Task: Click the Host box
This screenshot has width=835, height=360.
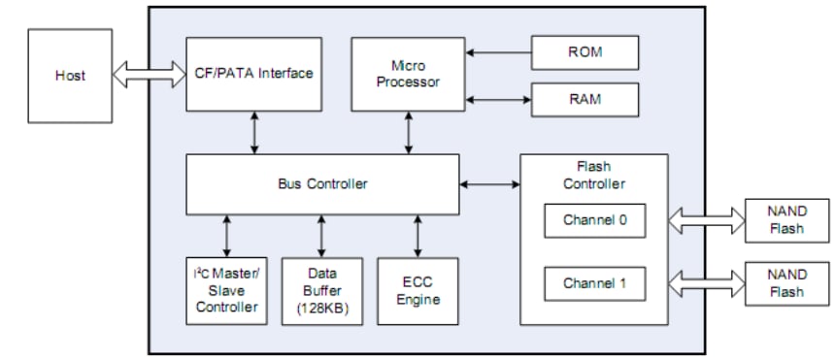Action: pyautogui.click(x=69, y=75)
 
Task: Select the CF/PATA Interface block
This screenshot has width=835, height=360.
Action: pyautogui.click(x=255, y=74)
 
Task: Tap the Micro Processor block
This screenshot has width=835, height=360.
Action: pyautogui.click(x=409, y=74)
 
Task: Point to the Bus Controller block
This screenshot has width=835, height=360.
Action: pyautogui.click(x=322, y=183)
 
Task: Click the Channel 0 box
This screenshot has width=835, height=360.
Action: pyautogui.click(x=594, y=219)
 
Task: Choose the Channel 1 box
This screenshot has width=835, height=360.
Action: pyautogui.click(x=594, y=284)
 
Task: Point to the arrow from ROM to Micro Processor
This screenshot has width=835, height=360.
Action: pyautogui.click(x=499, y=51)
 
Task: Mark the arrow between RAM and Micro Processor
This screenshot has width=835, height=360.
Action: pyautogui.click(x=499, y=99)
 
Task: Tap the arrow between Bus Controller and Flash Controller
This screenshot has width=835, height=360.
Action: pyautogui.click(x=490, y=183)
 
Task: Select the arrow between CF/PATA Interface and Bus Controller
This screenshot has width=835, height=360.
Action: pyautogui.click(x=255, y=132)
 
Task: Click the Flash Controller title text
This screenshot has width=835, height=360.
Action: pyautogui.click(x=594, y=174)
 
